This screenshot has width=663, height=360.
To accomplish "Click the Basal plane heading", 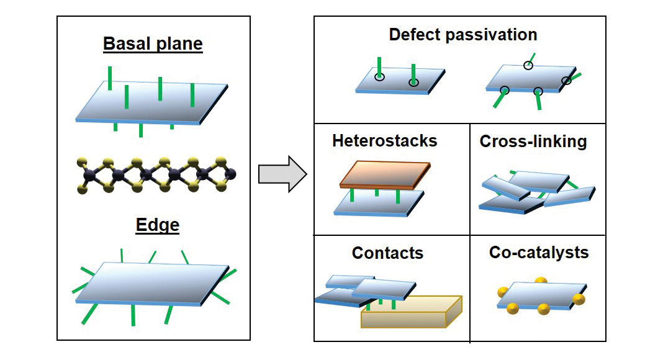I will (153, 44).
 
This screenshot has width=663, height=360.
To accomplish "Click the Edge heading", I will (157, 225).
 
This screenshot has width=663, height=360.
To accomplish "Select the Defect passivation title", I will (463, 34).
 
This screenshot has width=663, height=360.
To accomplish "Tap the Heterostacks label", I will (384, 141).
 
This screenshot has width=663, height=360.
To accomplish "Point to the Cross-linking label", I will (533, 142).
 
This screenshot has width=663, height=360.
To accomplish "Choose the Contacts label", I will (387, 253).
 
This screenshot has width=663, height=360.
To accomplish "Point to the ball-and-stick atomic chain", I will (156, 176).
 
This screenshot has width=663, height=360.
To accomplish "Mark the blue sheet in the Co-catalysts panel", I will (539, 294).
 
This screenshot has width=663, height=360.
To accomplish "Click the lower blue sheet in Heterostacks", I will (379, 204).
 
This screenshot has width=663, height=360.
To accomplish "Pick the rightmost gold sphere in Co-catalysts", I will (579, 299).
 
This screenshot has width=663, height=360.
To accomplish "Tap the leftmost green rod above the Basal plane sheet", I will (110, 78).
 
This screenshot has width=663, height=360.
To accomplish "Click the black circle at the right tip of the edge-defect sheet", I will (566, 81).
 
